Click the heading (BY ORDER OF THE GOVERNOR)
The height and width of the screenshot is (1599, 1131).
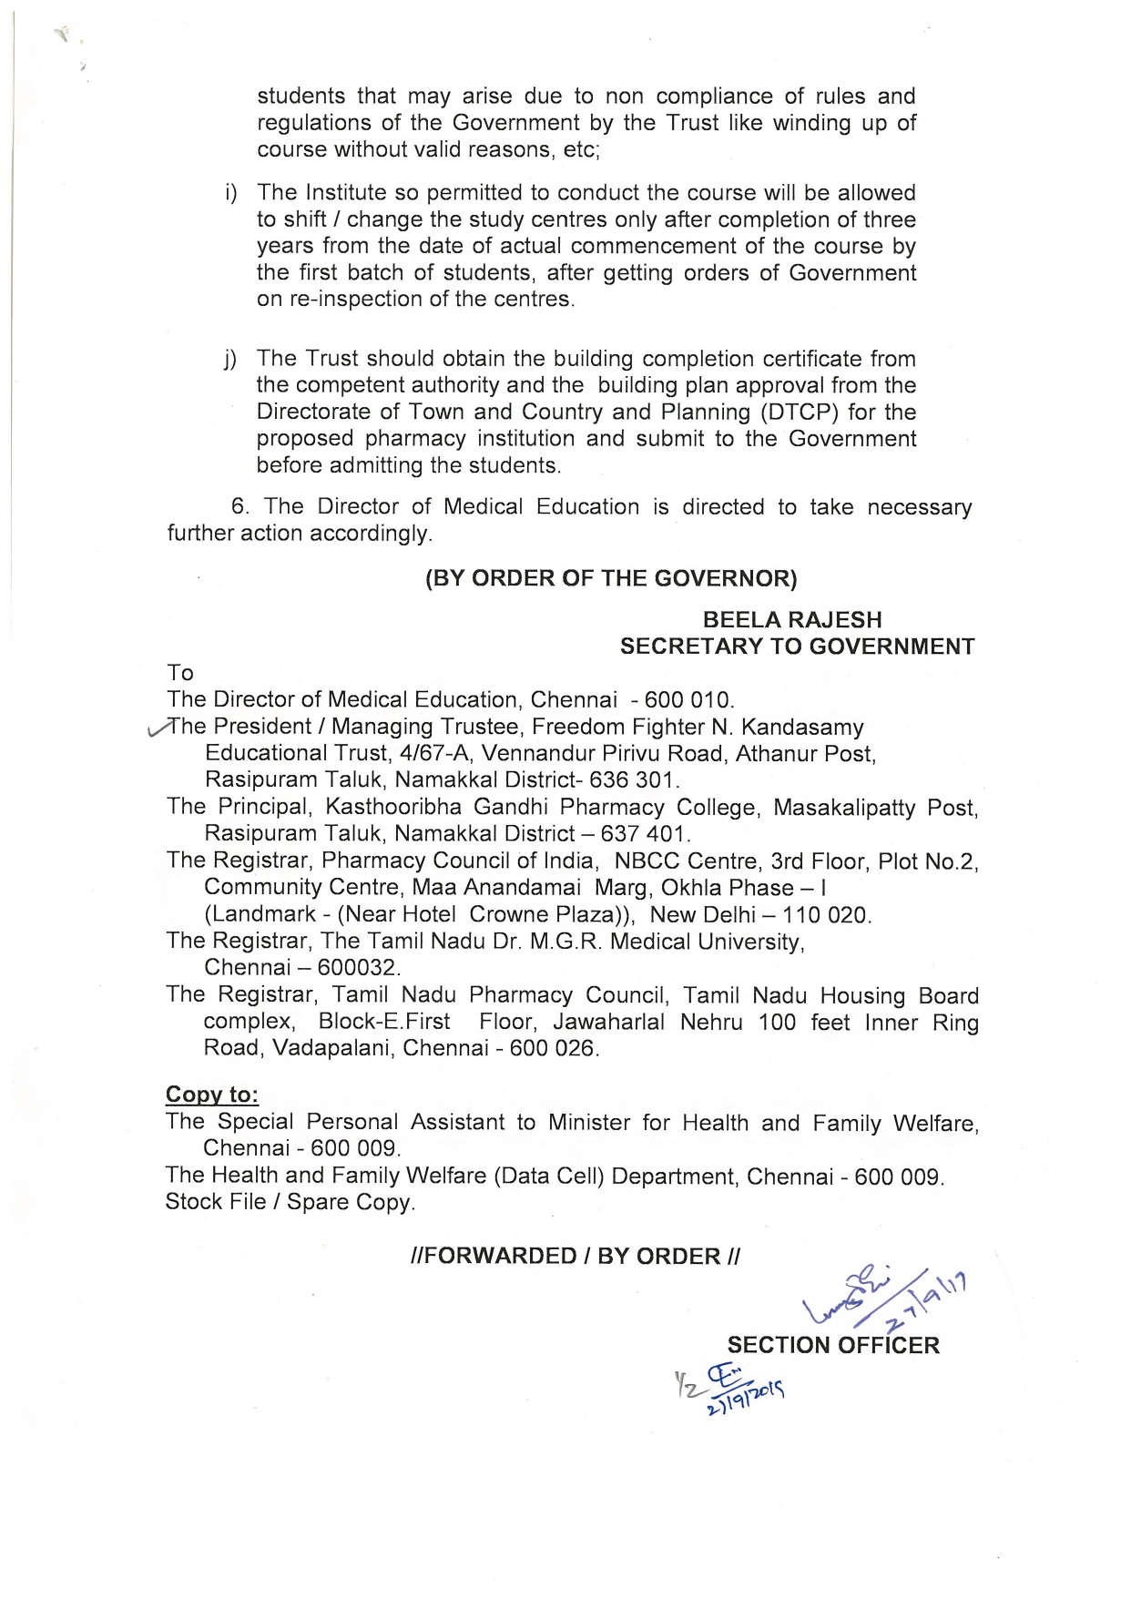point(610,579)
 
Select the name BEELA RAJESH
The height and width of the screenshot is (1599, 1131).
point(791,620)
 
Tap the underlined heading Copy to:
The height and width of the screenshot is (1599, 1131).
point(212,1095)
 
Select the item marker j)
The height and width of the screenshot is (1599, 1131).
point(230,360)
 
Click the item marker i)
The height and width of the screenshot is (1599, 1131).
point(231,194)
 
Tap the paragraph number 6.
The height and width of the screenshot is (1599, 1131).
point(239,507)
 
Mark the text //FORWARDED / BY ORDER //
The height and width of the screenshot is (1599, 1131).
point(576,1257)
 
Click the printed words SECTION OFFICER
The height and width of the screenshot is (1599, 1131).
point(832,1345)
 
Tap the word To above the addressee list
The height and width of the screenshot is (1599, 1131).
point(180,673)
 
